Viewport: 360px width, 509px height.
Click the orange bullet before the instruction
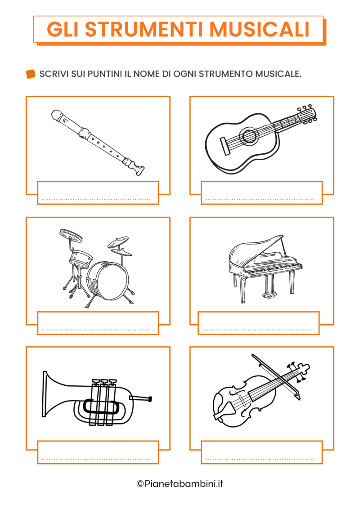(x=31, y=74)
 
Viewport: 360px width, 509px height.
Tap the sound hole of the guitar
(x=248, y=135)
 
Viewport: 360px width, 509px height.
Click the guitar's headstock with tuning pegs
(x=307, y=114)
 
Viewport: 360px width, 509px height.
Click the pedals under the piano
(x=269, y=295)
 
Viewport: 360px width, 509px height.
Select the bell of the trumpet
(x=49, y=394)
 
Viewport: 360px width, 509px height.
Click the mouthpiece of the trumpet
(x=148, y=398)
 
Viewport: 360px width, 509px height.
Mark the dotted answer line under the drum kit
(x=96, y=330)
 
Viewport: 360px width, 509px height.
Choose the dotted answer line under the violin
(x=260, y=459)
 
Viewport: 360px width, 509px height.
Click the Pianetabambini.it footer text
(x=180, y=484)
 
